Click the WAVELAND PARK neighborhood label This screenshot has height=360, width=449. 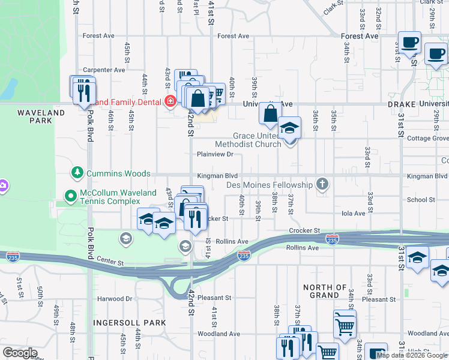pos(41,116)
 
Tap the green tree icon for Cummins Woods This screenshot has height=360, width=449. pos(77,173)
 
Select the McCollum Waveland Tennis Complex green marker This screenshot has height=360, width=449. pos(71,195)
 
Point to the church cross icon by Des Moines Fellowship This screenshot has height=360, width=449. pos(322,185)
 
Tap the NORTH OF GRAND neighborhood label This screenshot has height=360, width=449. pos(325,291)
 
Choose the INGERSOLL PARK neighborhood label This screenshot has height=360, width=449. pos(129,323)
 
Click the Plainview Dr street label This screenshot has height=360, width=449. pos(215,154)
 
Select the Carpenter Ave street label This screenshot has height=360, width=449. pos(104,70)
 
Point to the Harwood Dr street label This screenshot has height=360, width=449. pos(116,298)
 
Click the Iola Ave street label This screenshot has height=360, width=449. pos(353,213)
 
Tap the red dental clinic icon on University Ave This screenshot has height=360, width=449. pos(170,101)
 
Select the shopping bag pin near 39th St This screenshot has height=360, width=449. pos(271,112)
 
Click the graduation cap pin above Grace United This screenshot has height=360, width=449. pos(289,128)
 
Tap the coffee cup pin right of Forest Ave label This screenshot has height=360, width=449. pos(411,43)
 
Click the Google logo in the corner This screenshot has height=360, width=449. pos(20,353)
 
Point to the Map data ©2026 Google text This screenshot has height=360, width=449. pos(412,355)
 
